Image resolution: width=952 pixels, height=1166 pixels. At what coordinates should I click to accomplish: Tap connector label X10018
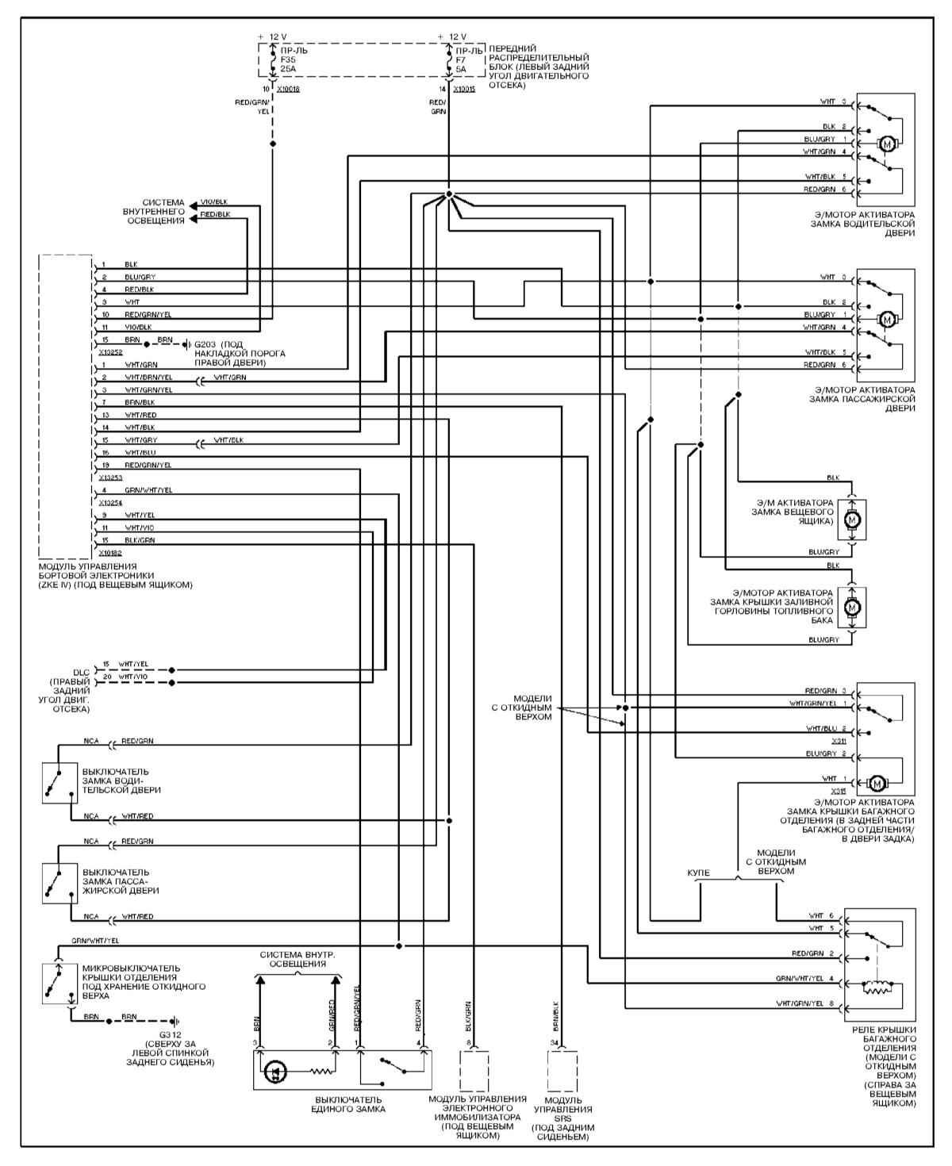[288, 89]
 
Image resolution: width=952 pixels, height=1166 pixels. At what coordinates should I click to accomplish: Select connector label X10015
[464, 89]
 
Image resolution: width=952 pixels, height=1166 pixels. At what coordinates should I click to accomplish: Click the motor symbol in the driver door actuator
[888, 144]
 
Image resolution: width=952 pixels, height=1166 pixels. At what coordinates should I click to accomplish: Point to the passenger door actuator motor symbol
[888, 319]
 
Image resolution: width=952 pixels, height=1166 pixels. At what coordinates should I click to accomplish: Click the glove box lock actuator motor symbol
[853, 520]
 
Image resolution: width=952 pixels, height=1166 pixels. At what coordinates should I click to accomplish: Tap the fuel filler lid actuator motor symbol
[853, 608]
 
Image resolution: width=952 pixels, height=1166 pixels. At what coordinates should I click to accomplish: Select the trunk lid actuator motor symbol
[877, 784]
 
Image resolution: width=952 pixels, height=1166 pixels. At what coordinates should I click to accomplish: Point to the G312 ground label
[171, 1035]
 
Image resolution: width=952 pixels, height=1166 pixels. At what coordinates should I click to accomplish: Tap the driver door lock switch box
[59, 783]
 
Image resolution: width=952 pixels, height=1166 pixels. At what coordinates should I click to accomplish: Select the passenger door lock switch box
[59, 883]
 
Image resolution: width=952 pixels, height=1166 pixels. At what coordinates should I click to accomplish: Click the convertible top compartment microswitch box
[59, 984]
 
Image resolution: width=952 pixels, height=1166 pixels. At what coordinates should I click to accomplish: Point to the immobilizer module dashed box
[474, 1071]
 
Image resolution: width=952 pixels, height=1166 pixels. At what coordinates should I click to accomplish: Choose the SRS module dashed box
[562, 1071]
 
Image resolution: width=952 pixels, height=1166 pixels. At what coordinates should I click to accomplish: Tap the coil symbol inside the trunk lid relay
[877, 988]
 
